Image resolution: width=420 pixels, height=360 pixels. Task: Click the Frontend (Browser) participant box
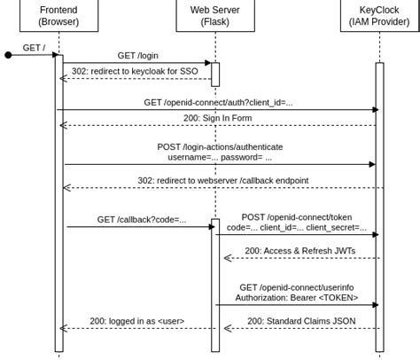click(58, 15)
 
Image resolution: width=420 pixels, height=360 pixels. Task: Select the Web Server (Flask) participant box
click(214, 15)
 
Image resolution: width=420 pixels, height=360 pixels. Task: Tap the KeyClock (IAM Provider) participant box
click(378, 15)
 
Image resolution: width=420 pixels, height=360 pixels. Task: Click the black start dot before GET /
click(9, 55)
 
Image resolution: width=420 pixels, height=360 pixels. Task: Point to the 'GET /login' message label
click(138, 55)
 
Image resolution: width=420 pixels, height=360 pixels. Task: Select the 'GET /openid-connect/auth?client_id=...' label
click(218, 102)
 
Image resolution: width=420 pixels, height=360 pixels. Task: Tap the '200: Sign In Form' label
click(218, 118)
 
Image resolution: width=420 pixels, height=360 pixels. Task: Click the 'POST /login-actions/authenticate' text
click(218, 145)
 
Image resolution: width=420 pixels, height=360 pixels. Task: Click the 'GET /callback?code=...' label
click(142, 219)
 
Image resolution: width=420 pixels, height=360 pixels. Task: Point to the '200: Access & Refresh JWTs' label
click(299, 251)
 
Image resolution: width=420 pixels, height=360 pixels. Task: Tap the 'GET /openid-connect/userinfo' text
click(297, 287)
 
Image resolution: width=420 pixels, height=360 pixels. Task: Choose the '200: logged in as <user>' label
click(137, 321)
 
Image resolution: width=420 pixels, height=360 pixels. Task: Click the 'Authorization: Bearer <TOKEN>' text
click(297, 298)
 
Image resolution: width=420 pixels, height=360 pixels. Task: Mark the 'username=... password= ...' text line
click(218, 156)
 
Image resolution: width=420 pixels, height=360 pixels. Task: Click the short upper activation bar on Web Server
click(214, 74)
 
